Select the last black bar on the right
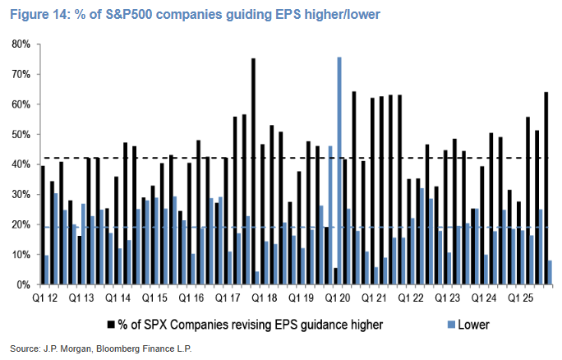[x=546, y=188]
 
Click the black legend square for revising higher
[x=111, y=325]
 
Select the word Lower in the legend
[x=474, y=325]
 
